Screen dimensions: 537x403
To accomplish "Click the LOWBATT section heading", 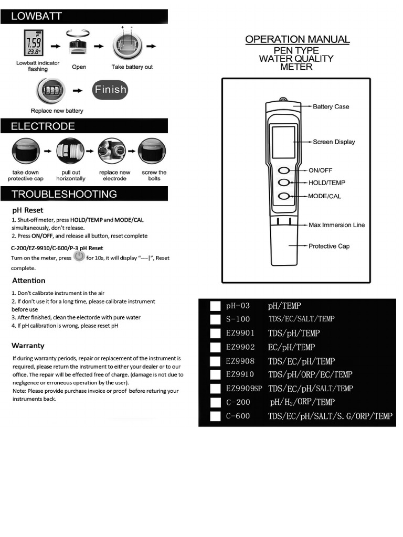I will click(37, 16).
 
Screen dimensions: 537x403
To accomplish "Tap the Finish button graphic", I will click(110, 90).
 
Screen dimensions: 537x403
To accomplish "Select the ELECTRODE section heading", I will click(43, 126).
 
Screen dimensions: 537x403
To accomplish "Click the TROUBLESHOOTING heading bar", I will click(64, 194).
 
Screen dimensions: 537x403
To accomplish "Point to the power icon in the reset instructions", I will click(79, 256).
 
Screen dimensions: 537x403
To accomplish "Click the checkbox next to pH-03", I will click(215, 306).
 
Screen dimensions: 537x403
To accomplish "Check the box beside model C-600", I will click(215, 416).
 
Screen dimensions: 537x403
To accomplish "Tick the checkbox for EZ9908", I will click(215, 361).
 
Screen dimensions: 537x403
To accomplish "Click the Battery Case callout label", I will click(331, 106).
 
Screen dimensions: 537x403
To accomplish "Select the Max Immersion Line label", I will click(336, 225).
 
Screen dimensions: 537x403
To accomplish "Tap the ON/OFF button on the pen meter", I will click(284, 170).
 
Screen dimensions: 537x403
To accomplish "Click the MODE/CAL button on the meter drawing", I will click(284, 196).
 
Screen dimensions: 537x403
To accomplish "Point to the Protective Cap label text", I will click(328, 246).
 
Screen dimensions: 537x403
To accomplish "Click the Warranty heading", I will click(28, 346).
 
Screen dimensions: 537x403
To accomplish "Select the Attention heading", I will click(28, 281).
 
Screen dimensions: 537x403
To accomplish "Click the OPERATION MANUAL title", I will click(297, 39).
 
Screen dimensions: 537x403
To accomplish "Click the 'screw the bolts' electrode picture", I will click(152, 151).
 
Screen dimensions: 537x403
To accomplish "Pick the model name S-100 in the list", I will click(238, 319).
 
